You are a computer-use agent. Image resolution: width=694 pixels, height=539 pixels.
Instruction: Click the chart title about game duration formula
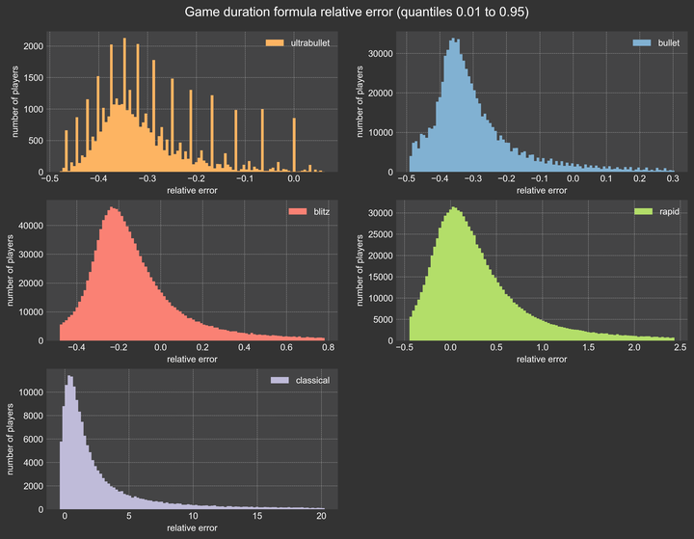[347, 13]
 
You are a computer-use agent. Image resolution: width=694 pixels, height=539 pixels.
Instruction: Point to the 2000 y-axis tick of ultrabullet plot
[32, 46]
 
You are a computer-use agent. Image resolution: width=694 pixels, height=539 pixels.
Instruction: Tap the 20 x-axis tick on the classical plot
[322, 517]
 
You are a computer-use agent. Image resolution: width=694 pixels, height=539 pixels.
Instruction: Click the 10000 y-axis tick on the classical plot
[29, 392]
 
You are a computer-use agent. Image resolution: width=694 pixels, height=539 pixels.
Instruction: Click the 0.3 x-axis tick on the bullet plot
[672, 179]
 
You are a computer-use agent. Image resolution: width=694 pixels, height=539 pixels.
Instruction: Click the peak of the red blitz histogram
[114, 209]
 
